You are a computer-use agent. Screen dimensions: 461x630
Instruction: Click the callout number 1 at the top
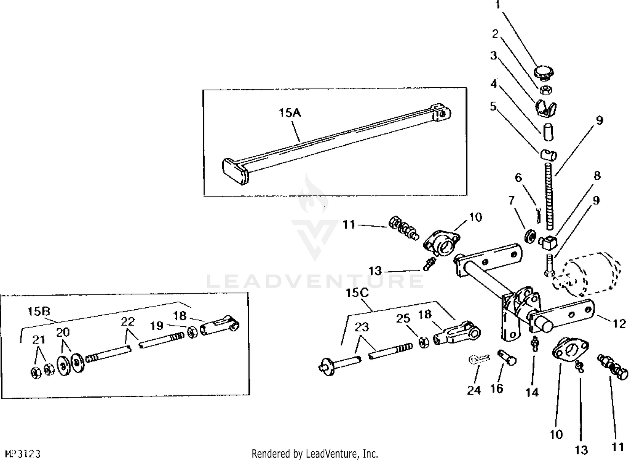point(498,5)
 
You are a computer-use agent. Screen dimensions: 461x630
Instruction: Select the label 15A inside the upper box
point(290,113)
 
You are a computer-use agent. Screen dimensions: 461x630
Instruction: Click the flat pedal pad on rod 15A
point(235,171)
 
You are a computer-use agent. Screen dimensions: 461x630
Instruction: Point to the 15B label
point(39,311)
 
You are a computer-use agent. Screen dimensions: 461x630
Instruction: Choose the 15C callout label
point(357,293)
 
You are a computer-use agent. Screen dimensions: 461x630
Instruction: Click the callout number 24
point(474,390)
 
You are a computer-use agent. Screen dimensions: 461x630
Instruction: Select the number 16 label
point(496,389)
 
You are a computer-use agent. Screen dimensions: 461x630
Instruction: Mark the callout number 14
point(532,392)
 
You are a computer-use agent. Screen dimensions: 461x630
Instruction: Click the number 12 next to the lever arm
point(619,323)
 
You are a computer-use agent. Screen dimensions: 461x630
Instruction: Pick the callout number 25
point(403,318)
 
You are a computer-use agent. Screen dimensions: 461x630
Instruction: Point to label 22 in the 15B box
point(128,321)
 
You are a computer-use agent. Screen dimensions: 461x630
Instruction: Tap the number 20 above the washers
point(63,333)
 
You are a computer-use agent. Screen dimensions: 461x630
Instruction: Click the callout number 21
point(39,339)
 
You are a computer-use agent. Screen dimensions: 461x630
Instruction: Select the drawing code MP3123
point(23,454)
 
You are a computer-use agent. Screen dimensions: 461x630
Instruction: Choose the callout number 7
point(511,201)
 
